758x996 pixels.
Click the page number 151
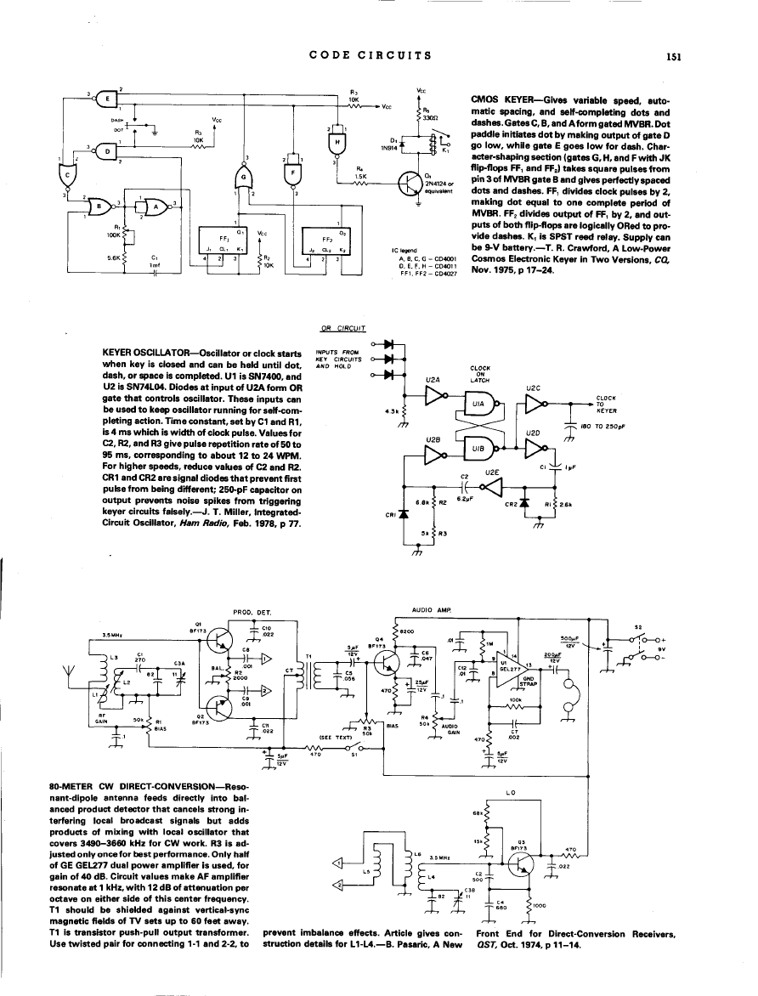(676, 58)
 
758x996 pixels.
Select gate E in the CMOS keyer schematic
(109, 98)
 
